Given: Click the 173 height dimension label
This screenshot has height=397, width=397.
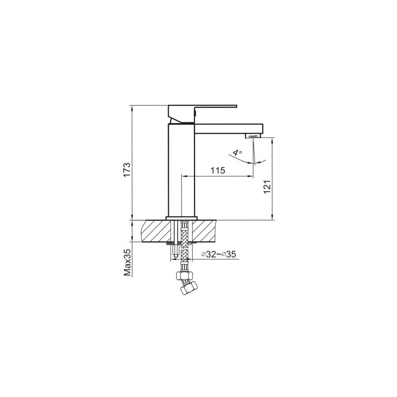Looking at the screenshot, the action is [127, 170].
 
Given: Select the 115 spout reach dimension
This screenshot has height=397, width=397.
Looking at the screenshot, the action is [218, 170].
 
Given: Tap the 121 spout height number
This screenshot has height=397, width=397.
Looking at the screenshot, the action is [267, 187].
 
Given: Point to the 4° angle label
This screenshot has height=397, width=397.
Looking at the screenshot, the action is [237, 153].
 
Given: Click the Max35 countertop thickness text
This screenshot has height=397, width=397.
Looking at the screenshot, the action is [128, 262].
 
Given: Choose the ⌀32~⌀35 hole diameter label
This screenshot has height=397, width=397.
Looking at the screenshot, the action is [218, 254].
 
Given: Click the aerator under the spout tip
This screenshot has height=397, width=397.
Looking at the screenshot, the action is [253, 136].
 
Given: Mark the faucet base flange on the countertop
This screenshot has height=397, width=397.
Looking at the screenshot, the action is [182, 218].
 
